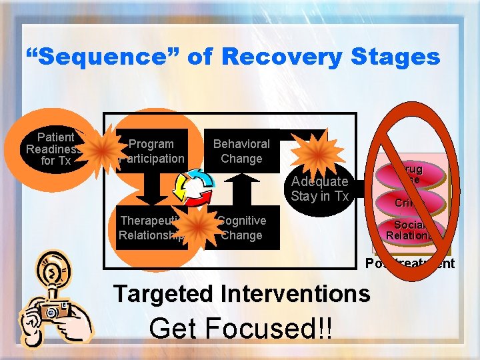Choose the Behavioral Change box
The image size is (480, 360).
(241, 151)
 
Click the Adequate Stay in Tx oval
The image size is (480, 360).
(319, 189)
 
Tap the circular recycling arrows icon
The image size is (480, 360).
(194, 189)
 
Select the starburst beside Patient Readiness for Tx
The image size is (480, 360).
(100, 149)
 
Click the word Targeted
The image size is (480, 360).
(169, 293)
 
